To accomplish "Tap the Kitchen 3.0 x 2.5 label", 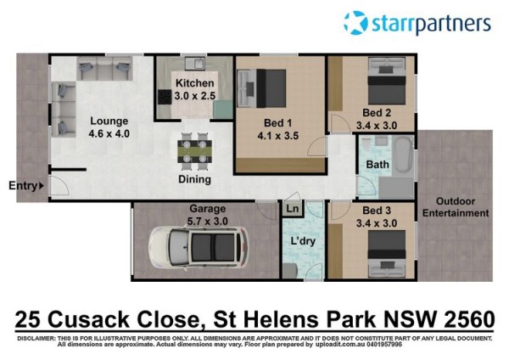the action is click(x=195, y=89).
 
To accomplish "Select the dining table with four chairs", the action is click(x=195, y=151).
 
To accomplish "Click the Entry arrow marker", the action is click(x=42, y=186).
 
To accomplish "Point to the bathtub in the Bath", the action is click(x=404, y=155).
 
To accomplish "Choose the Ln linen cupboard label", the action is click(x=293, y=208).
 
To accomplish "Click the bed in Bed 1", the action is click(x=261, y=88).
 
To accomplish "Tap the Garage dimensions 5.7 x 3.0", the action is click(x=208, y=222).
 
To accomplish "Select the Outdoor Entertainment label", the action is click(x=456, y=207).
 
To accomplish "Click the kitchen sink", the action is click(x=195, y=64).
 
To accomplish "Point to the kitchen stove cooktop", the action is click(x=165, y=97).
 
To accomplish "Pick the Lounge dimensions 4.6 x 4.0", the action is click(x=109, y=133).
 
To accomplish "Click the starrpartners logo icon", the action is click(x=355, y=23).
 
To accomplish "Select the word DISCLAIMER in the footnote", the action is click(x=36, y=339).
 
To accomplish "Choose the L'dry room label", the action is click(x=303, y=241).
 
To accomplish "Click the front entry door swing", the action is click(x=59, y=186).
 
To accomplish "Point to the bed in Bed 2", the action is click(x=387, y=81).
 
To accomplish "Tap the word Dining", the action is click(x=195, y=179).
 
